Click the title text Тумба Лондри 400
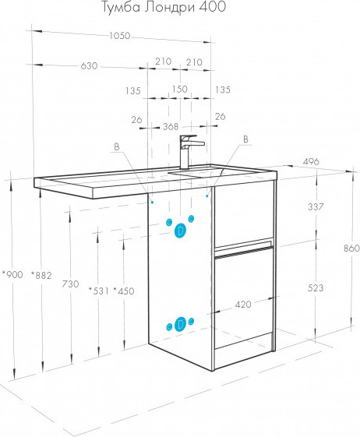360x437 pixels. coord(163,7)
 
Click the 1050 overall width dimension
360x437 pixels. coord(120,36)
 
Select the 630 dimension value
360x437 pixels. coord(90,66)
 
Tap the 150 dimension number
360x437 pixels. coord(179,89)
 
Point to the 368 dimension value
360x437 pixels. coord(171,126)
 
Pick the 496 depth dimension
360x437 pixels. coord(311,162)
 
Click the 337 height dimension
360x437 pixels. coord(316,206)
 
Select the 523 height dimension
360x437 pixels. coord(316,287)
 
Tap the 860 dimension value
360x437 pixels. coord(351,248)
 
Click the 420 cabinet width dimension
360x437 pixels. coord(243,305)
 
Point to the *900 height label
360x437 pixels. coord(12,274)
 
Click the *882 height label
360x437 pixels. coord(41,275)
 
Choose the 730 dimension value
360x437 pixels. coord(70,284)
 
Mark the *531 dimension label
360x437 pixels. coord(99,291)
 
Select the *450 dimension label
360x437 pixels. coord(124,291)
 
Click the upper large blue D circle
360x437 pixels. coord(181,231)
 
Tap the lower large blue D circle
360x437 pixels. coord(181,324)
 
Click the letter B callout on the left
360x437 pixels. coord(117,147)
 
